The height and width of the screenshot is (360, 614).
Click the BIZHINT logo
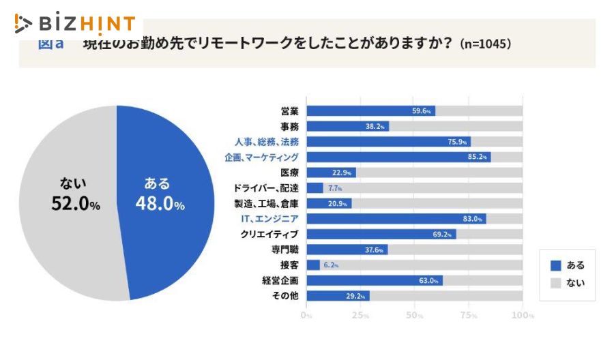75,24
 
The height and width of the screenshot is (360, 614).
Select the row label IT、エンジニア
271,219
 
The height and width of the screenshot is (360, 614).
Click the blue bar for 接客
313,265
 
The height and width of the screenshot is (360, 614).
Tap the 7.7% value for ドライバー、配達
334,188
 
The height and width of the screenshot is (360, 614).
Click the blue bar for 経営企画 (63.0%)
374,280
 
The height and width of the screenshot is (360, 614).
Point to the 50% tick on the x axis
415,316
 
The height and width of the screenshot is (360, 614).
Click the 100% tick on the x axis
523,316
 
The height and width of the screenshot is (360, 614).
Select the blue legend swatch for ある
555,265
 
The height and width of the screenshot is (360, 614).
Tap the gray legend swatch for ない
555,282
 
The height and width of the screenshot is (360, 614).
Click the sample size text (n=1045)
486,44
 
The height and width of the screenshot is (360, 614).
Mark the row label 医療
290,172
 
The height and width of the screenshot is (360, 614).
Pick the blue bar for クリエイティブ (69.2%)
381,234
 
